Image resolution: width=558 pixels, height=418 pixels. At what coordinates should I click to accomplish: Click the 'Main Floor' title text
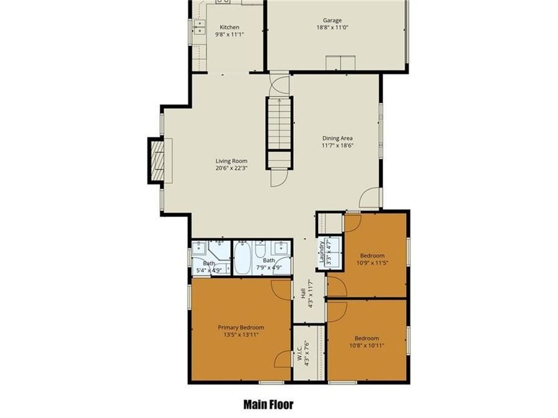click(x=268, y=405)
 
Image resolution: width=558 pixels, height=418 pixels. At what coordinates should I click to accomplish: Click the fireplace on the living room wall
click(x=157, y=160)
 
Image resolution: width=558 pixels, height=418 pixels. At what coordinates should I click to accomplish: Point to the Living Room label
click(x=231, y=161)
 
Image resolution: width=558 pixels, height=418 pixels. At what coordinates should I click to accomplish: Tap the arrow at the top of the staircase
click(x=279, y=100)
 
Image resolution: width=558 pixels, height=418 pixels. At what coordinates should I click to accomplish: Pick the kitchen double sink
click(x=198, y=27)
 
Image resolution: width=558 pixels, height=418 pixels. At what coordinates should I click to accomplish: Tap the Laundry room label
click(x=321, y=253)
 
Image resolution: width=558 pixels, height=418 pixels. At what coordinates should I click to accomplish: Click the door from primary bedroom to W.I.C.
click(x=283, y=359)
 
